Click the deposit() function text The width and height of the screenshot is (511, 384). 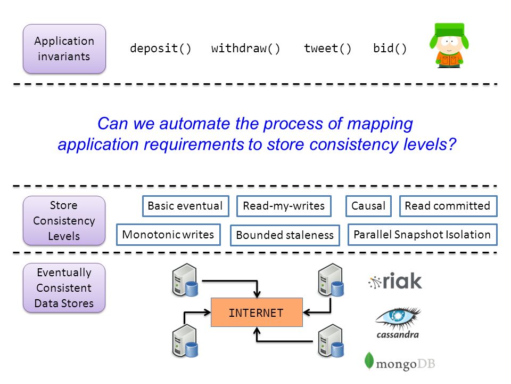coord(160,49)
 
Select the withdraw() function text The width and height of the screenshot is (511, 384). coord(245,49)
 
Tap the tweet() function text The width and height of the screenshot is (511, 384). coord(327,49)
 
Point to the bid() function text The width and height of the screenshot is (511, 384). coord(390,49)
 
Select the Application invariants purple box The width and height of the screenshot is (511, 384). coord(64,49)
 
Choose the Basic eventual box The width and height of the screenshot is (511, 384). coord(185,206)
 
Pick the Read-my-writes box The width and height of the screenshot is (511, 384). coord(284,206)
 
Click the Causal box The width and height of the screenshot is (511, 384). coord(368,206)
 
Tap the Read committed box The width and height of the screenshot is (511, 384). coord(448,206)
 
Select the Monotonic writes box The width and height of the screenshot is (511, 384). coord(168,235)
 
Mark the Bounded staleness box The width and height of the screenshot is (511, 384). coord(285,235)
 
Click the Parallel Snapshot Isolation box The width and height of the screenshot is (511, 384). coord(422,235)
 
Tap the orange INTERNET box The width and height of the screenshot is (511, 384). coord(257,312)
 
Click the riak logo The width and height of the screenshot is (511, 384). coord(395,281)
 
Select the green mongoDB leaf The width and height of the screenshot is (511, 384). coord(369,361)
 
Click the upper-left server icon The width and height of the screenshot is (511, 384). coord(185,280)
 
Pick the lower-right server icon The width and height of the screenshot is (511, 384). coord(331,341)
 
